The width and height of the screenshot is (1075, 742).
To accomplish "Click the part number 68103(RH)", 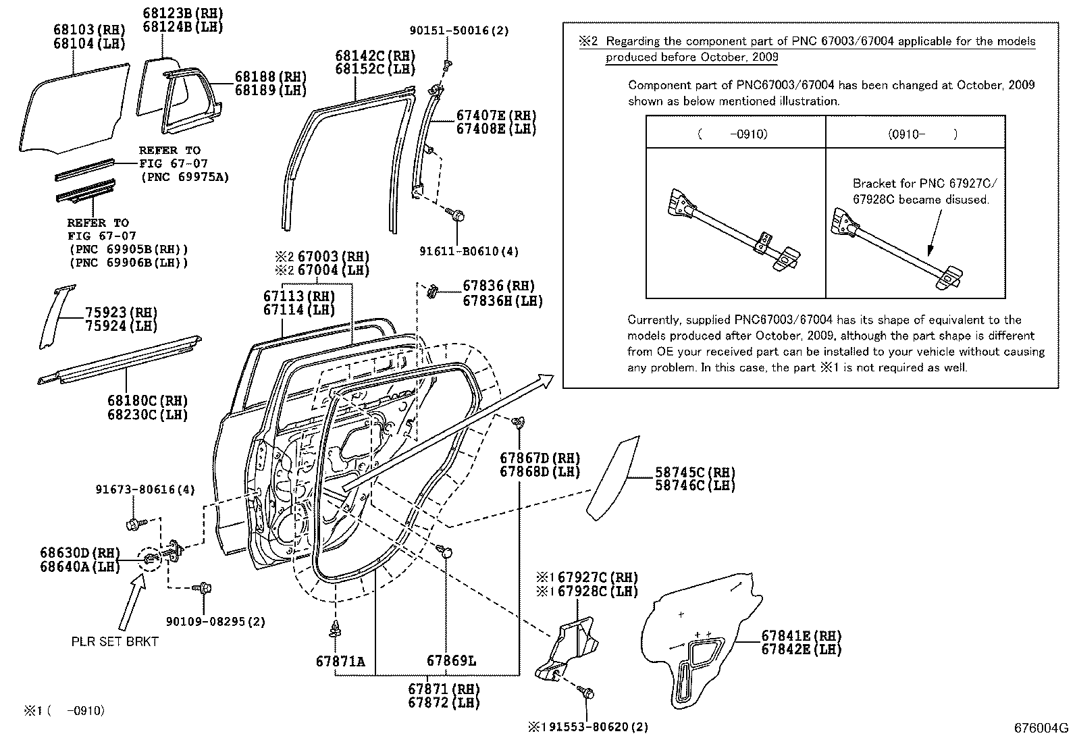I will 89,30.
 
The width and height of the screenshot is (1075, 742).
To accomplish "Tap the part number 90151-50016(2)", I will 459,30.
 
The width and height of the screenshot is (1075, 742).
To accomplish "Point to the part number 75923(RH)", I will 121,313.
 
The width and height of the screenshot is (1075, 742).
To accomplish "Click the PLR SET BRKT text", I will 115,641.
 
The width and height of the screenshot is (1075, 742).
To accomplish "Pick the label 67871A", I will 340,661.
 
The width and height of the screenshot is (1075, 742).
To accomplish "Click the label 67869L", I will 450,661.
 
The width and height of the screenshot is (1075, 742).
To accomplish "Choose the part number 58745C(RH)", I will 695,473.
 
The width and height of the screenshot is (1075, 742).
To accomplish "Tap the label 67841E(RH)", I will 802,635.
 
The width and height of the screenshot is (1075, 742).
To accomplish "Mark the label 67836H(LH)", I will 502,301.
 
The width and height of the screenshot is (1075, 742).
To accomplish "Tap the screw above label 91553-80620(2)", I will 585,693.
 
